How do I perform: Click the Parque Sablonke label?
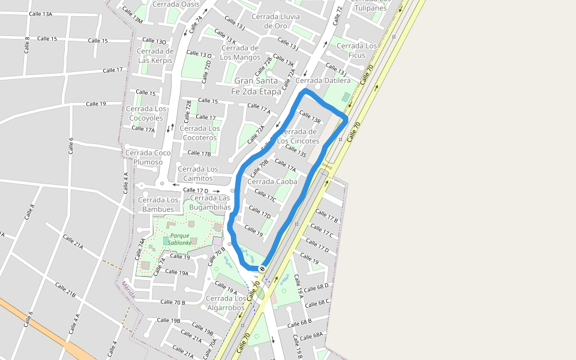pyautogui.click(x=179, y=239)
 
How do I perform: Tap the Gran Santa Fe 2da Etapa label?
pyautogui.click(x=256, y=86)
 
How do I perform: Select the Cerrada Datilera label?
pyautogui.click(x=323, y=80)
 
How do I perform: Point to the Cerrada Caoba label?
pyautogui.click(x=272, y=181)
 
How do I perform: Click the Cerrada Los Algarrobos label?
pyautogui.click(x=226, y=302)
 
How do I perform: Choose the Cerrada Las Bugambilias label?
pyautogui.click(x=209, y=202)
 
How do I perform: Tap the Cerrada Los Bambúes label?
pyautogui.click(x=158, y=205)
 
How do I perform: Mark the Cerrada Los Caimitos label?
pyautogui.click(x=197, y=174)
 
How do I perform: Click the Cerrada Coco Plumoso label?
pyautogui.click(x=148, y=157)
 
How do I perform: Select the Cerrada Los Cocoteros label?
pyautogui.click(x=200, y=133)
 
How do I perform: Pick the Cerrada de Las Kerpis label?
pyautogui.click(x=155, y=55)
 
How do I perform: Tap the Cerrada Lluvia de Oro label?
pyautogui.click(x=275, y=21)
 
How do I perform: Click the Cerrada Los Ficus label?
pyautogui.click(x=357, y=50)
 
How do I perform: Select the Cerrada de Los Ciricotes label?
pyautogui.click(x=298, y=136)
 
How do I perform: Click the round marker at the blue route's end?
pyautogui.click(x=262, y=268)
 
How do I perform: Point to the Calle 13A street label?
pyautogui.click(x=40, y=14)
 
